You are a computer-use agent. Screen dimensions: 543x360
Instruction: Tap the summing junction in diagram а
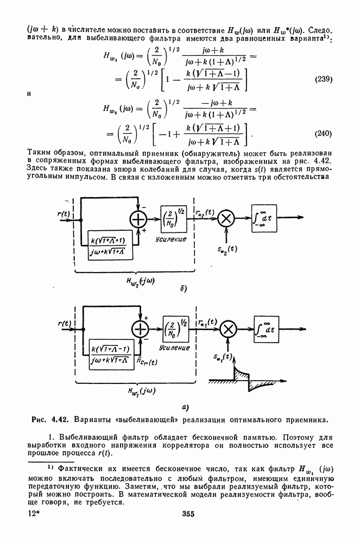pyautogui.click(x=141, y=329)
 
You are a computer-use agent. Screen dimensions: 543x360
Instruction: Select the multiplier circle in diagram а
pyautogui.click(x=228, y=329)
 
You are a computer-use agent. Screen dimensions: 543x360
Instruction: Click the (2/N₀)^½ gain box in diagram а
pyautogui.click(x=176, y=329)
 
